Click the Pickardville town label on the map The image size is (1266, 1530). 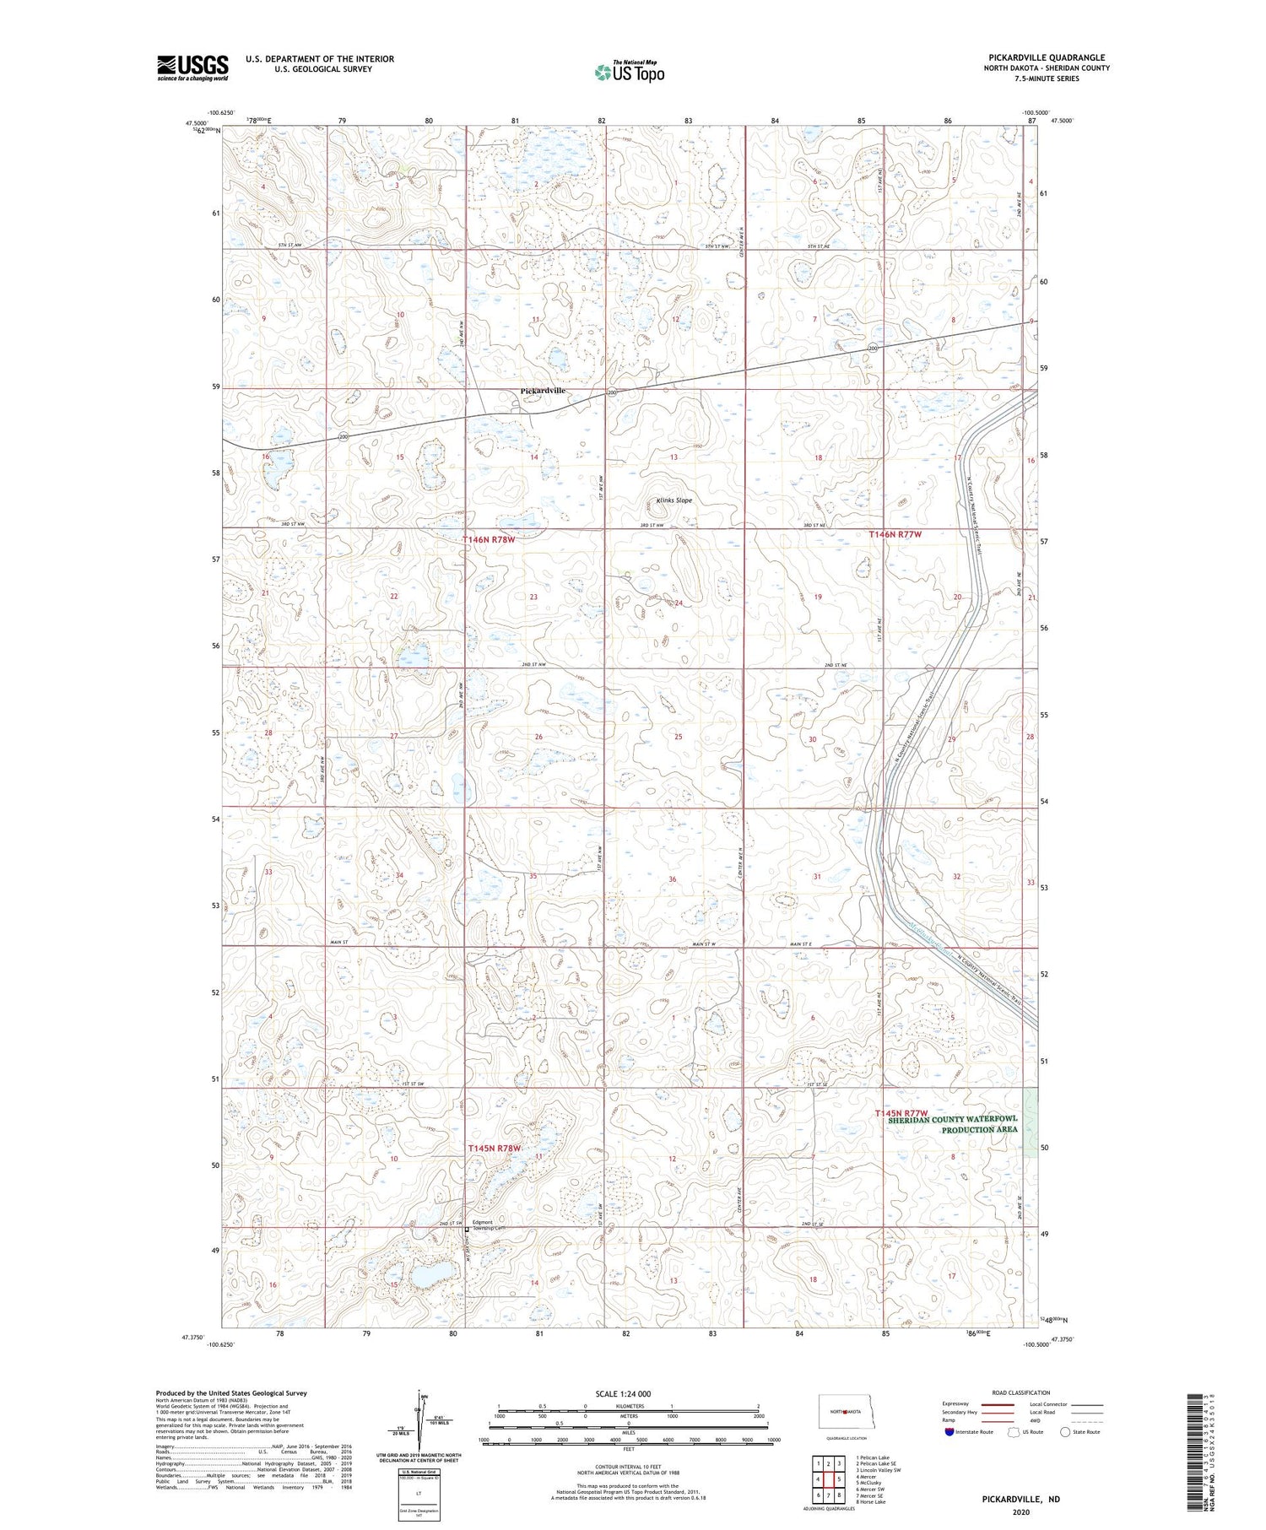pyautogui.click(x=542, y=391)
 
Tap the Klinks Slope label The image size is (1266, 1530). pyautogui.click(x=674, y=500)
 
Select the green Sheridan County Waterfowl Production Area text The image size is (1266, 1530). pyautogui.click(x=952, y=1124)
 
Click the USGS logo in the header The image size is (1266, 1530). pyautogui.click(x=192, y=68)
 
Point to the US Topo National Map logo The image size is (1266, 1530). pyautogui.click(x=629, y=73)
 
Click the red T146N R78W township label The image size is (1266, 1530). pyautogui.click(x=488, y=538)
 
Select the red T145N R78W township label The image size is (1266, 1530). pyautogui.click(x=495, y=1149)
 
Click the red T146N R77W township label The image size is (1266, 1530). pyautogui.click(x=895, y=534)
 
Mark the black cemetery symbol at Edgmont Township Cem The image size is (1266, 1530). pyautogui.click(x=468, y=1230)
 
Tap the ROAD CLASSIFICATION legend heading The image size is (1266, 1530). pyautogui.click(x=1021, y=1392)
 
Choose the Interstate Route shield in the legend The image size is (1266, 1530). pyautogui.click(x=949, y=1432)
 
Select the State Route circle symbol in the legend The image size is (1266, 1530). pyautogui.click(x=1065, y=1432)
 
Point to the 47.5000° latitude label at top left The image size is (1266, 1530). pyautogui.click(x=197, y=122)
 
